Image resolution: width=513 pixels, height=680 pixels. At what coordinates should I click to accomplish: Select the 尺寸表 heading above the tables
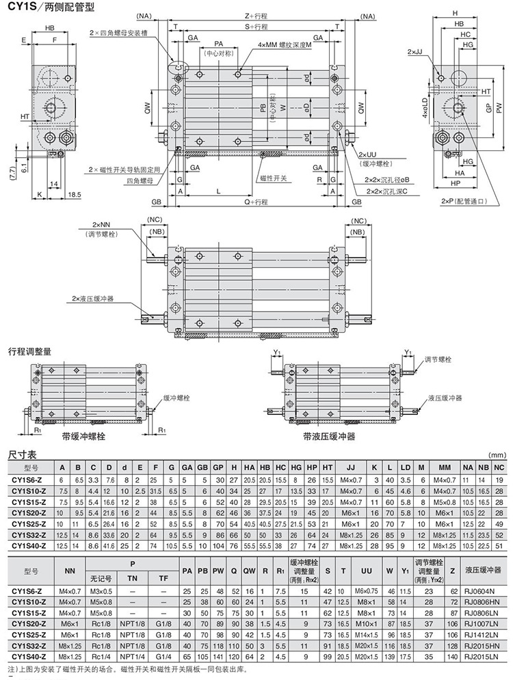click(22, 454)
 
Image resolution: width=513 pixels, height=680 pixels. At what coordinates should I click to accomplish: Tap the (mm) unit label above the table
click(497, 454)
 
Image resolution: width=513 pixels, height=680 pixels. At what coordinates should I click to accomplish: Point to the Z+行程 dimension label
click(256, 15)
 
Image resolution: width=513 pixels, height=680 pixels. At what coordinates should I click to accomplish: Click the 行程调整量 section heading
click(29, 351)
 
